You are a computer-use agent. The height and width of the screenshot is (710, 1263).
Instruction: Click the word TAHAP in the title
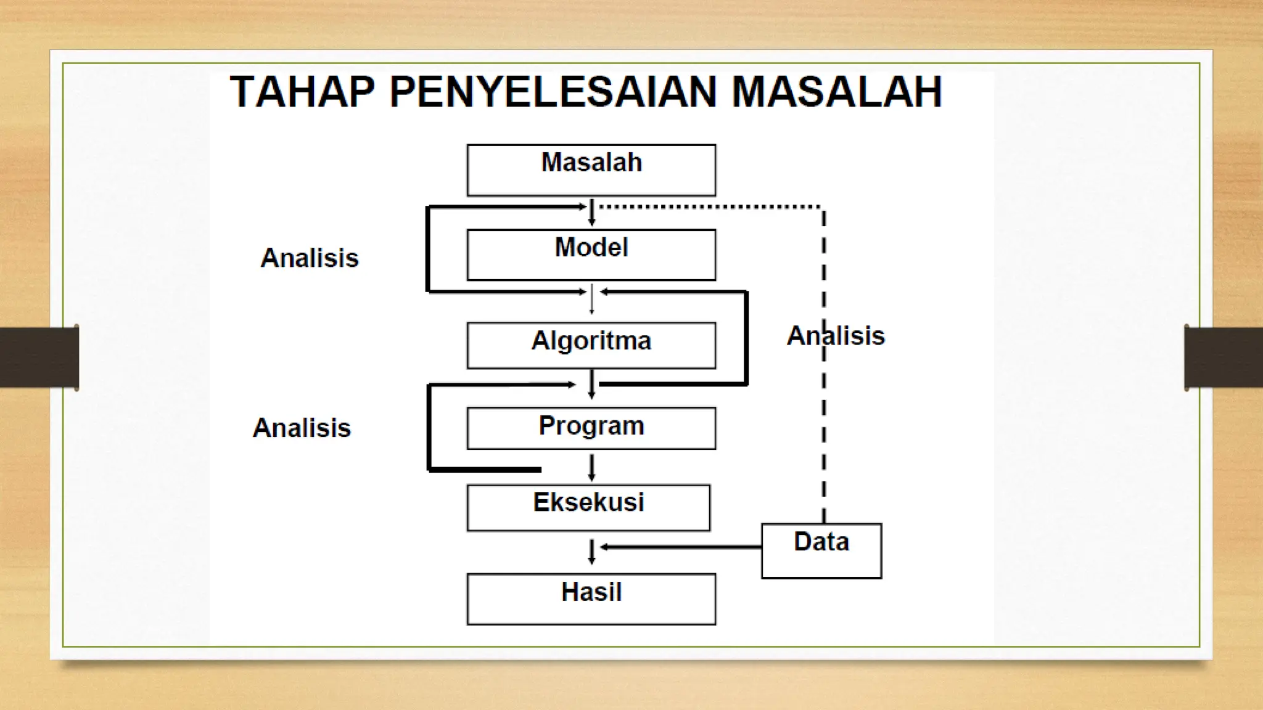(302, 92)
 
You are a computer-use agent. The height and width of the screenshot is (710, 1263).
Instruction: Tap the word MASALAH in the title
(837, 92)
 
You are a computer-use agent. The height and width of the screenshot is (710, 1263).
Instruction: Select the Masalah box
(591, 170)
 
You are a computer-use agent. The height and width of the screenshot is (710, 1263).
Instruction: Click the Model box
(591, 255)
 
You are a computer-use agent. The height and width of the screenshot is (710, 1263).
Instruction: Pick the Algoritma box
(591, 345)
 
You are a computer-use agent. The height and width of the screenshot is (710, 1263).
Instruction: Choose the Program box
(591, 428)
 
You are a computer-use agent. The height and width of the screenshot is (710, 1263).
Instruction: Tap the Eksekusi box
(588, 507)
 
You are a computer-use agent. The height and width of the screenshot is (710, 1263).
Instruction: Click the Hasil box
(591, 598)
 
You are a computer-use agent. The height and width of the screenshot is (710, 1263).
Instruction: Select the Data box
(821, 550)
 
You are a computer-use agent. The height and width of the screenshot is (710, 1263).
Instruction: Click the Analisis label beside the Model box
(310, 258)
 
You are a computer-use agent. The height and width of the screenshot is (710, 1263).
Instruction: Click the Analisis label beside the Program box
(302, 428)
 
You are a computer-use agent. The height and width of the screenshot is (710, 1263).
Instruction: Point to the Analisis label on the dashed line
(836, 336)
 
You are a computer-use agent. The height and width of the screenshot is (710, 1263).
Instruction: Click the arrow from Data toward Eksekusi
(678, 547)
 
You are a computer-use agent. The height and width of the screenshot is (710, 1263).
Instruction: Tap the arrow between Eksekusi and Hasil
(591, 552)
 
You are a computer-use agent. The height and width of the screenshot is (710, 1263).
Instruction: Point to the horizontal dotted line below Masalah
(709, 206)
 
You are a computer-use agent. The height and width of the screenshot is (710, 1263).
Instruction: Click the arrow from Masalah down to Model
(591, 212)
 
